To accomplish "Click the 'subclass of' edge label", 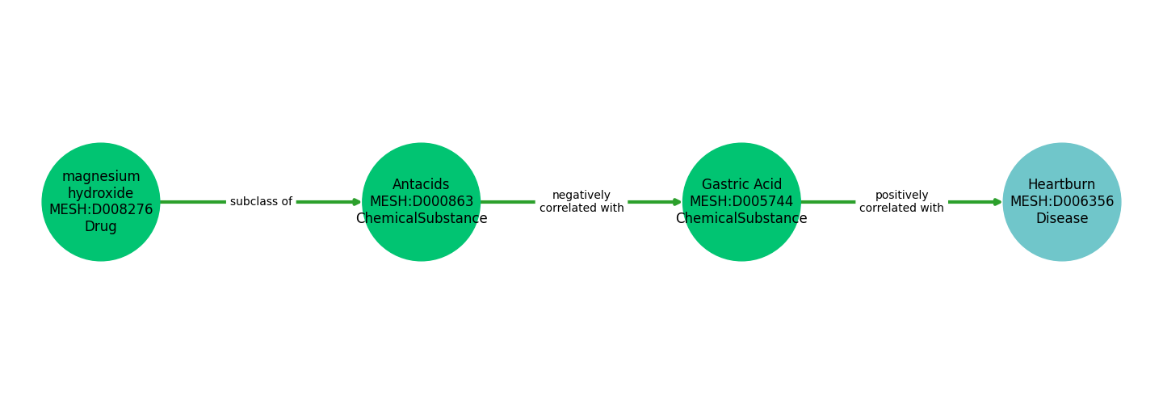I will (x=261, y=202).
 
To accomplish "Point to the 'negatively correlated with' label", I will (x=581, y=202).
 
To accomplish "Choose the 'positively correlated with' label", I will (x=901, y=202).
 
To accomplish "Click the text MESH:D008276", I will (x=101, y=210).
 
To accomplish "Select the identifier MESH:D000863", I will (x=421, y=202).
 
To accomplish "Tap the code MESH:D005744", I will (x=741, y=202).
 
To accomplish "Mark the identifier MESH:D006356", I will (x=1061, y=202).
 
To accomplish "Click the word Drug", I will (x=101, y=227).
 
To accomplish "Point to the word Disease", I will (x=1061, y=219).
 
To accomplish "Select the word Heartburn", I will (x=1061, y=185).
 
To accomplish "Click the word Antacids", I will (x=421, y=185).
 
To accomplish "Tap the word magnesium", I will (x=101, y=177).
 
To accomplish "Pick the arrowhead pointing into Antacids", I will (x=356, y=202).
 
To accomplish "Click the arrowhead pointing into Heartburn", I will (x=997, y=202).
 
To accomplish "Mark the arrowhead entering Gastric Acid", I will (x=677, y=202).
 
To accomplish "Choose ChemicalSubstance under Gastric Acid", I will (x=741, y=219).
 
